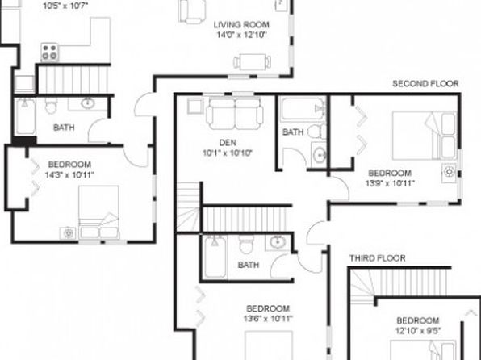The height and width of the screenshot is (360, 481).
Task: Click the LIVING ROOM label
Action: click(x=241, y=24)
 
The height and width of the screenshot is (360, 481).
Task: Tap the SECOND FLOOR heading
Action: click(x=425, y=83)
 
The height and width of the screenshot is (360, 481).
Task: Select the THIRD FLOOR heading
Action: click(x=378, y=258)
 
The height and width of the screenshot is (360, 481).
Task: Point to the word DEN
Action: click(x=228, y=143)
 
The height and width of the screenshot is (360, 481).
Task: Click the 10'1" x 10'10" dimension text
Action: click(x=228, y=153)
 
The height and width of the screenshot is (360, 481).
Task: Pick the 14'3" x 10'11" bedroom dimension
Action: click(x=69, y=175)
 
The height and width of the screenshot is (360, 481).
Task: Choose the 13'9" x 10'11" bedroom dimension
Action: click(x=390, y=183)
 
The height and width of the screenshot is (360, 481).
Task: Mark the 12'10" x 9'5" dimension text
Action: click(x=418, y=330)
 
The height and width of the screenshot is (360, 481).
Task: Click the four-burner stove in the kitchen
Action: click(x=50, y=52)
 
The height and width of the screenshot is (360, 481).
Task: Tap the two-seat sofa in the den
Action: click(x=235, y=114)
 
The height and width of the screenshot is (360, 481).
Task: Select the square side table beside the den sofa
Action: click(x=195, y=107)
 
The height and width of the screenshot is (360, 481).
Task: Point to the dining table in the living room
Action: click(x=252, y=62)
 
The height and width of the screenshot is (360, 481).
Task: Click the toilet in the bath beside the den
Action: click(x=318, y=132)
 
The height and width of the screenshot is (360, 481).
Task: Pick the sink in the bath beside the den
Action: click(x=320, y=154)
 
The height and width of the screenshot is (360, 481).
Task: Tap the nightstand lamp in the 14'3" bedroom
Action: click(x=68, y=233)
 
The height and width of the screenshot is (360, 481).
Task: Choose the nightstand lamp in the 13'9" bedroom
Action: click(x=449, y=172)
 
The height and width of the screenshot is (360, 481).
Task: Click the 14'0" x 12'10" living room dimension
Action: click(x=241, y=35)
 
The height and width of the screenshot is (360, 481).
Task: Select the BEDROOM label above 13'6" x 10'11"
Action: click(x=268, y=308)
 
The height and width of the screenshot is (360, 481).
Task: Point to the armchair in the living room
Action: click(x=192, y=11)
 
